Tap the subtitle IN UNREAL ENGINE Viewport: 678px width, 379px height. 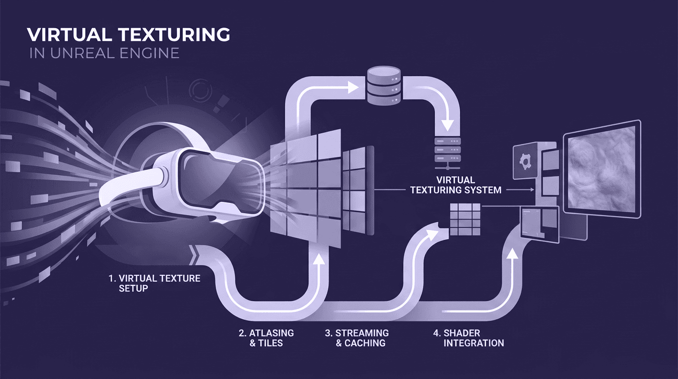104,53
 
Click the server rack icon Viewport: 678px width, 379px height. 447,151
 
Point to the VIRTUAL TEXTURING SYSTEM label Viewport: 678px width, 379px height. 456,185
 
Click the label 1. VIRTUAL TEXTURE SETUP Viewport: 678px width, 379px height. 155,283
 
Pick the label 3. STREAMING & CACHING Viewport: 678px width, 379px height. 357,338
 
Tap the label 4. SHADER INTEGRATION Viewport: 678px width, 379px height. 468,338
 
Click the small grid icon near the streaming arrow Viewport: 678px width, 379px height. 465,219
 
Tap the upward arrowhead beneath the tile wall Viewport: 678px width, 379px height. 320,260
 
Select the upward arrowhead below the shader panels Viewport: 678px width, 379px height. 513,253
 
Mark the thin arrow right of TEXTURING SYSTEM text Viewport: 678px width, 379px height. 521,189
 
